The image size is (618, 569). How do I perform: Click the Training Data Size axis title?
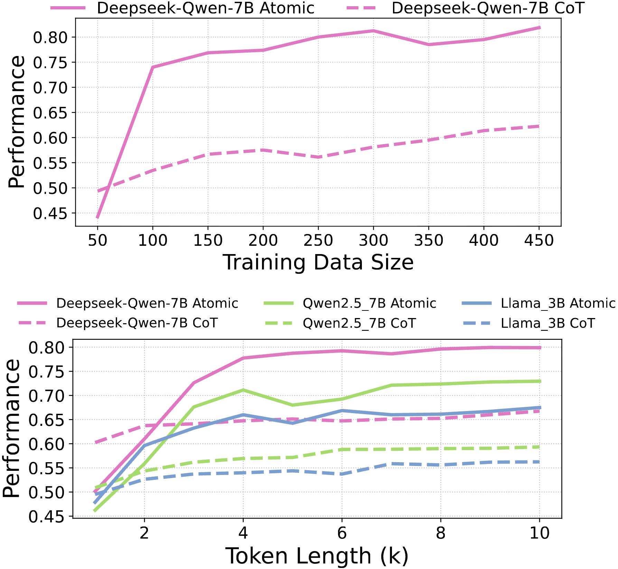coord(318,262)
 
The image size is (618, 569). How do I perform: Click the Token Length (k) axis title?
coord(317,556)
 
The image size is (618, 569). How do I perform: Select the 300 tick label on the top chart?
coord(373,240)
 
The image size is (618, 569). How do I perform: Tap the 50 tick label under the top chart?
coord(97,240)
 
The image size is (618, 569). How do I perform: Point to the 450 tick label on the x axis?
coord(539,240)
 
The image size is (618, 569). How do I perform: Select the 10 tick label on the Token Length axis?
coord(539,533)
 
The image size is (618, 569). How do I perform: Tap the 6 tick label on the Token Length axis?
coord(342,533)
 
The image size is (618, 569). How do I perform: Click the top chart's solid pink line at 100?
coord(153,67)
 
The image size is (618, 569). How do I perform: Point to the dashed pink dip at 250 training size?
coord(318,157)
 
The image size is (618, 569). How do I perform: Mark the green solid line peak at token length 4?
coord(243,390)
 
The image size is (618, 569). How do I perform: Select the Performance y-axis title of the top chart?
coord(16,122)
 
